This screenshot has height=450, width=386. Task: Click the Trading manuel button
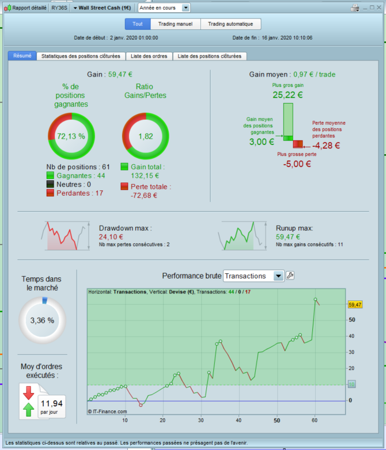(x=175, y=24)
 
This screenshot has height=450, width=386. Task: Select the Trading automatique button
(x=230, y=24)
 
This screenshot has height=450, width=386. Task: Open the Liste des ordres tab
(x=149, y=56)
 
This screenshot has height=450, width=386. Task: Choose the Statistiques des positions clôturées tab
(x=81, y=56)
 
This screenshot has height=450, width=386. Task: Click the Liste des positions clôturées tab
(x=210, y=56)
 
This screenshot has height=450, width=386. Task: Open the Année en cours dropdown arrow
(x=186, y=7)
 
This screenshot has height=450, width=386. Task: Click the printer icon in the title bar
(x=355, y=7)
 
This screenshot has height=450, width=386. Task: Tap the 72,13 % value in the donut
(x=71, y=136)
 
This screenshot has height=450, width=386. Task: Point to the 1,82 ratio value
(x=146, y=136)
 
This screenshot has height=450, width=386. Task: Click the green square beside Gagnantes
(x=50, y=176)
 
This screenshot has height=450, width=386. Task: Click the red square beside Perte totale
(x=124, y=186)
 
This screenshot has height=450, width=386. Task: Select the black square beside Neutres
(x=50, y=184)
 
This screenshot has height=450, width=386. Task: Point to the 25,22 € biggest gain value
(x=287, y=95)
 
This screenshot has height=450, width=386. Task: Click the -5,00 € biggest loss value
(x=297, y=164)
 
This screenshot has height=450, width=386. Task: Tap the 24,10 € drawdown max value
(x=111, y=237)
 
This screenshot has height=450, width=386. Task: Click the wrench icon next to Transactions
(x=290, y=276)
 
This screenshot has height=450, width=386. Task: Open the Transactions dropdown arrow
(x=278, y=276)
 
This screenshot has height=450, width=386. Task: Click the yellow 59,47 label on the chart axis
(x=355, y=304)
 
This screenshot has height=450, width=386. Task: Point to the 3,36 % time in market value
(x=42, y=321)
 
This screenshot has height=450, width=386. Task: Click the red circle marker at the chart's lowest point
(x=141, y=405)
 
